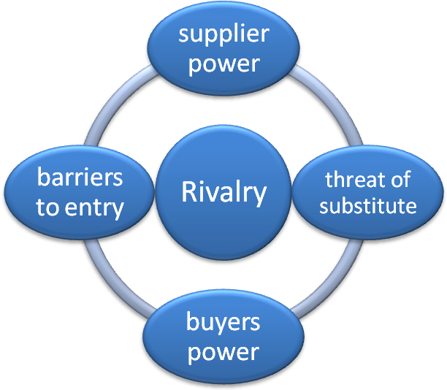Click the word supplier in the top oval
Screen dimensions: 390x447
click(223, 34)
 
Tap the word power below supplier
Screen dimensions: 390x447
click(223, 63)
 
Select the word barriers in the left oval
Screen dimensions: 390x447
click(80, 177)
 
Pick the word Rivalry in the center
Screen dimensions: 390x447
click(223, 193)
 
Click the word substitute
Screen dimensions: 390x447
click(368, 205)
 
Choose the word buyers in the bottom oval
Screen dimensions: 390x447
click(223, 322)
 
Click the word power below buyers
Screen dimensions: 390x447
click(223, 352)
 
